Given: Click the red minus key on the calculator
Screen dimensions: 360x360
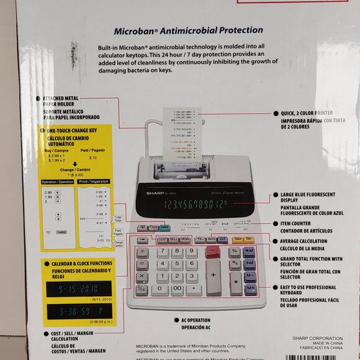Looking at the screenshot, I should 213,251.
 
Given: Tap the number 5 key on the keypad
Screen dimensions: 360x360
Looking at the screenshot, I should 178,264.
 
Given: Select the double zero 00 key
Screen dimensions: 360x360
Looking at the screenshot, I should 178,289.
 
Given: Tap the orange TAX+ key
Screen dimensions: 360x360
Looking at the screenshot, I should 236,239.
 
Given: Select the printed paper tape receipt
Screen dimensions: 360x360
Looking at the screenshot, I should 181,130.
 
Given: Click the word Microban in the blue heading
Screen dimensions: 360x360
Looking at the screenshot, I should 133,30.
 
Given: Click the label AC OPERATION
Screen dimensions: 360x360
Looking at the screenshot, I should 196,320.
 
